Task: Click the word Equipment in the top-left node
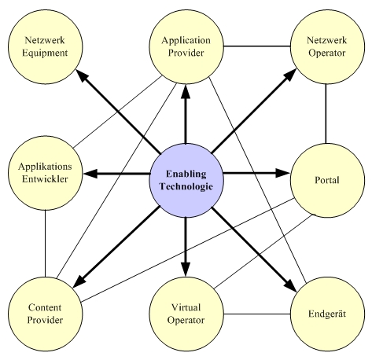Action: pyautogui.click(x=45, y=53)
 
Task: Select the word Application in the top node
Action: pyautogui.click(x=186, y=41)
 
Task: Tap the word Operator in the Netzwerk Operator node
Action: pyautogui.click(x=327, y=53)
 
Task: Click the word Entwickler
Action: pyautogui.click(x=45, y=179)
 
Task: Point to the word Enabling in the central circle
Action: pyautogui.click(x=186, y=174)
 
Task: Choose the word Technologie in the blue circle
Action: pyautogui.click(x=186, y=186)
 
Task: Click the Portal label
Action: pyautogui.click(x=327, y=180)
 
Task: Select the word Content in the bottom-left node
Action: pyautogui.click(x=45, y=307)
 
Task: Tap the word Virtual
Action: pyautogui.click(x=186, y=307)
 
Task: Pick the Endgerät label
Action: pyautogui.click(x=327, y=314)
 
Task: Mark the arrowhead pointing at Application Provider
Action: pyautogui.click(x=186, y=91)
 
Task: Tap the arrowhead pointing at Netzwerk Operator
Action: pyautogui.click(x=291, y=74)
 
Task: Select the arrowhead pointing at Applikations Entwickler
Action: pyautogui.click(x=90, y=174)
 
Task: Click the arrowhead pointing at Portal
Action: pyautogui.click(x=282, y=173)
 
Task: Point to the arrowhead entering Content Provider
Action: pyautogui.click(x=79, y=282)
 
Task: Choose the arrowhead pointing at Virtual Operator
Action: pyautogui.click(x=186, y=270)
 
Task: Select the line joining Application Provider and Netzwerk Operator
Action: pyautogui.click(x=257, y=46)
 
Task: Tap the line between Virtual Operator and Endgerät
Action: pyautogui.click(x=257, y=314)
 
